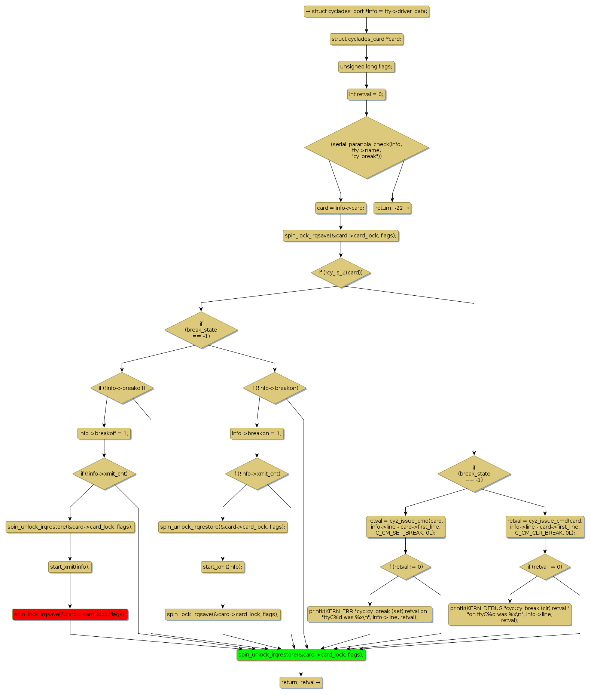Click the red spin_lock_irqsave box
coord(70,614)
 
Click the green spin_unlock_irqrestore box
coord(301,655)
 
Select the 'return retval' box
coord(301,682)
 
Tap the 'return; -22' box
coord(392,208)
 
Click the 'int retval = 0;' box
coord(366,94)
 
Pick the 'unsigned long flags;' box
coord(366,67)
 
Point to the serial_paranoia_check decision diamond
coord(366,147)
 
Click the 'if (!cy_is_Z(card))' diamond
coord(341,273)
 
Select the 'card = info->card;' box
coord(341,208)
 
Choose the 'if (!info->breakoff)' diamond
coord(122,388)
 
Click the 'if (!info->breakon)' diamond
coord(275,388)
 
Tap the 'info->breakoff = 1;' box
coord(104,433)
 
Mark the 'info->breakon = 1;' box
coord(257,433)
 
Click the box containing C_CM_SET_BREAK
coord(405,527)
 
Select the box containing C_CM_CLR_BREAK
coord(545,527)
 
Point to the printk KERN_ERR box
coord(370,614)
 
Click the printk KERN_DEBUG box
coord(510,614)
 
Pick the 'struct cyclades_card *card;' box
coord(366,39)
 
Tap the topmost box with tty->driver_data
coord(366,11)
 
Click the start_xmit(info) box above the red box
coord(70,567)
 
